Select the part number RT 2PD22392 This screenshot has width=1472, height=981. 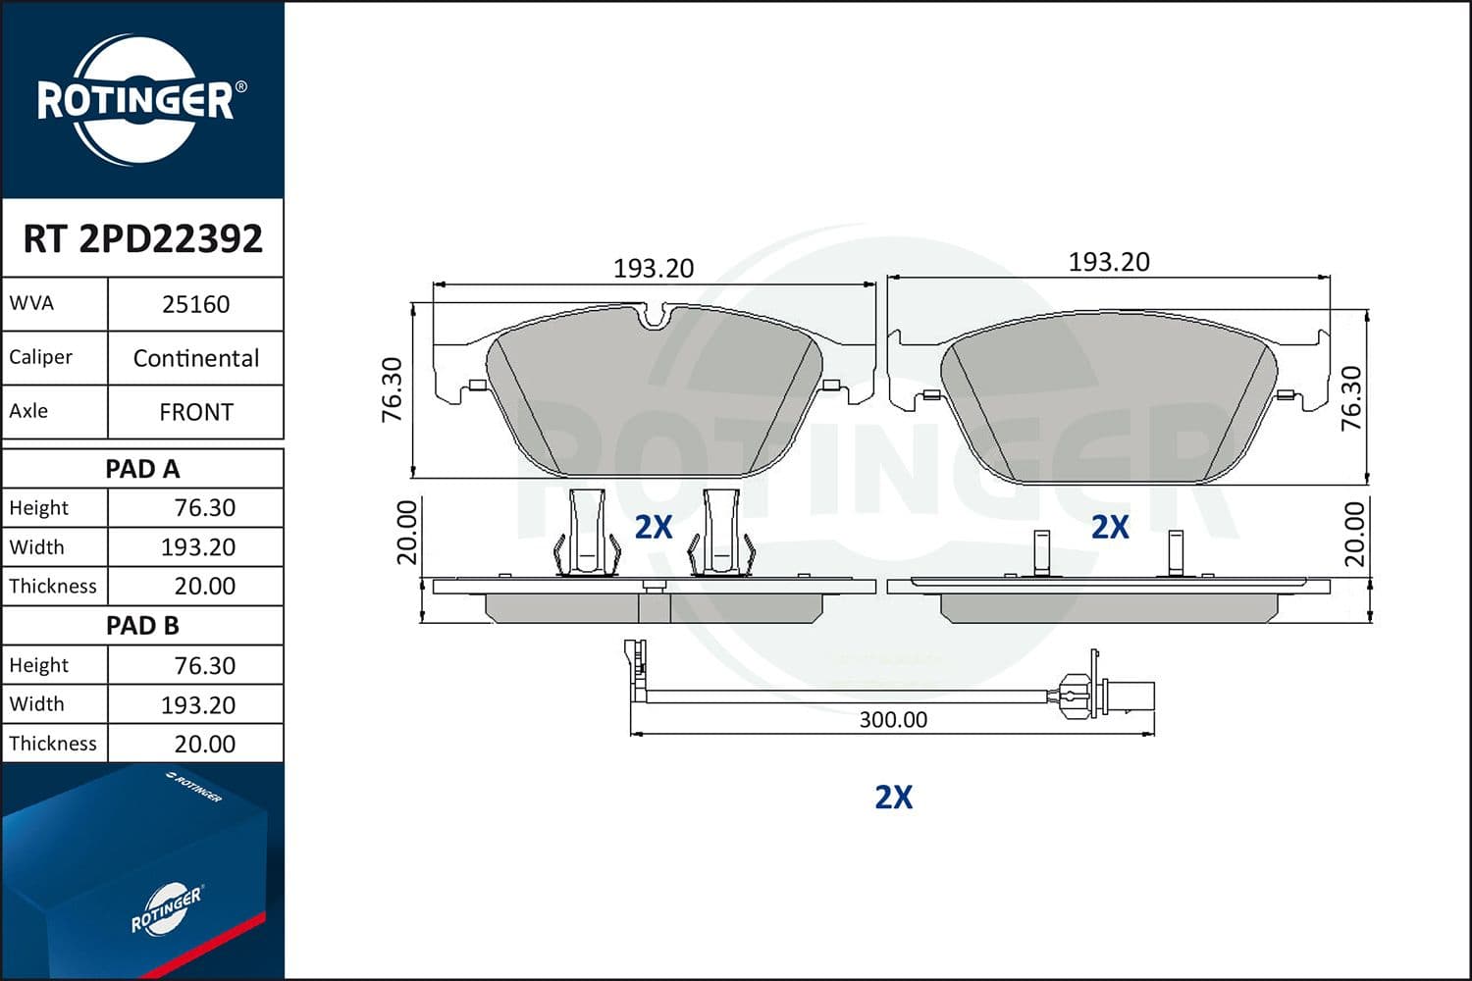[x=142, y=238]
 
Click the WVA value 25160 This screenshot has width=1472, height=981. [x=195, y=304]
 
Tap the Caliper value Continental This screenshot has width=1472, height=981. [x=195, y=358]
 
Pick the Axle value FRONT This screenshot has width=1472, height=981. [x=195, y=412]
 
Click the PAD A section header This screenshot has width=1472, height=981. [x=142, y=469]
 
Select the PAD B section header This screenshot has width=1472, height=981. [x=142, y=626]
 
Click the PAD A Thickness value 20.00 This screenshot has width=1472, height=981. [x=204, y=587]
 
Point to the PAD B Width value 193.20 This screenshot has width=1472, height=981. [x=197, y=704]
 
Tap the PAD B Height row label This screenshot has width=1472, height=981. [x=39, y=665]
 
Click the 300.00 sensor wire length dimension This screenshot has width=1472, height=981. [x=893, y=719]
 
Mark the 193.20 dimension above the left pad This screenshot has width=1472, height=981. [x=653, y=268]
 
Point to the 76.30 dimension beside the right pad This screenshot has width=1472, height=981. [x=1351, y=398]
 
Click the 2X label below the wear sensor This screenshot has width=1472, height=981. [x=893, y=797]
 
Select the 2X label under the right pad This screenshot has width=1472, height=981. [x=1110, y=527]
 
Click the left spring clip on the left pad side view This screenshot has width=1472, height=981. [x=586, y=535]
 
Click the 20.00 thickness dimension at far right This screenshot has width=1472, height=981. [x=1354, y=535]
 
